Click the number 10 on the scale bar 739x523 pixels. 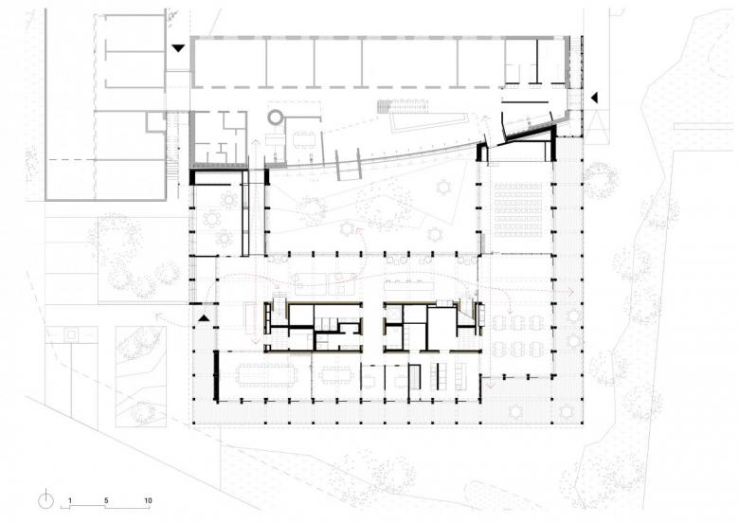tap(148, 500)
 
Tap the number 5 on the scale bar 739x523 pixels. tap(106, 500)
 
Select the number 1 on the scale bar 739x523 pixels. tap(70, 500)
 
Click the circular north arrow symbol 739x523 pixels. tap(45, 500)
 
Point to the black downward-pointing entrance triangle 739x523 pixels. tap(178, 47)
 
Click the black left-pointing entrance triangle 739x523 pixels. tap(594, 98)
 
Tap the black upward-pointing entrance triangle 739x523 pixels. tap(203, 318)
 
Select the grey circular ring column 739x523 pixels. tap(275, 117)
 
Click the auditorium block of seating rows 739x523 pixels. tap(517, 209)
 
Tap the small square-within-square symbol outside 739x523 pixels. tap(71, 335)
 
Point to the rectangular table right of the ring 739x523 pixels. tap(304, 139)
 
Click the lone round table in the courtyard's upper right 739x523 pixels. tap(443, 187)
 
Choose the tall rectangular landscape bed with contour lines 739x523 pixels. tap(141, 376)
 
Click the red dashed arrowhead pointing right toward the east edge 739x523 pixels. tap(571, 292)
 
